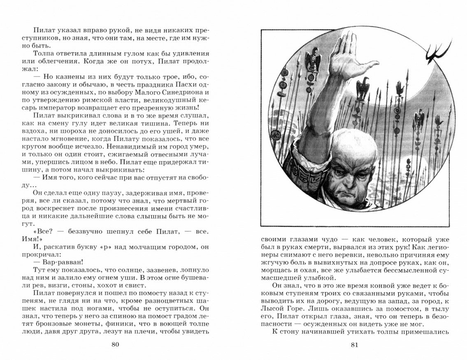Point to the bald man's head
[356, 156]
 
